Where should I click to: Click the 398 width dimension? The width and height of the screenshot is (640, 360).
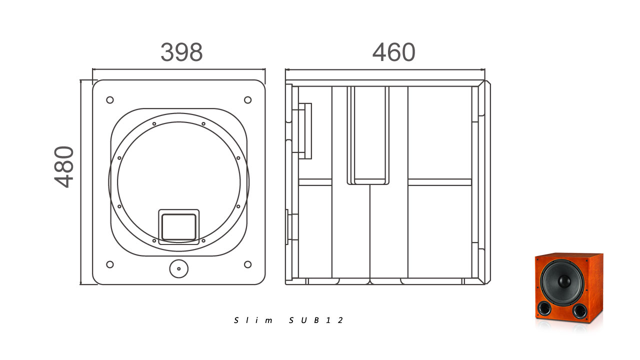click(x=181, y=52)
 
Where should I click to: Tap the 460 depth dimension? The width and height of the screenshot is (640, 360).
click(x=393, y=52)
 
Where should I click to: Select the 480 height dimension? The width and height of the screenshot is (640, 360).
click(x=64, y=167)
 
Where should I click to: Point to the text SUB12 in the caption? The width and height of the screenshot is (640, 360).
click(x=315, y=320)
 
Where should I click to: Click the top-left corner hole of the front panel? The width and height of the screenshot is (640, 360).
click(x=110, y=100)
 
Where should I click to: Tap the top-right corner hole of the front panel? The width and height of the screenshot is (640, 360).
click(x=247, y=100)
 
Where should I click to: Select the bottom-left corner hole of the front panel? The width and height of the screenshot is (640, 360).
click(x=110, y=264)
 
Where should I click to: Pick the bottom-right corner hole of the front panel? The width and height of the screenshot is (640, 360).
click(x=247, y=264)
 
